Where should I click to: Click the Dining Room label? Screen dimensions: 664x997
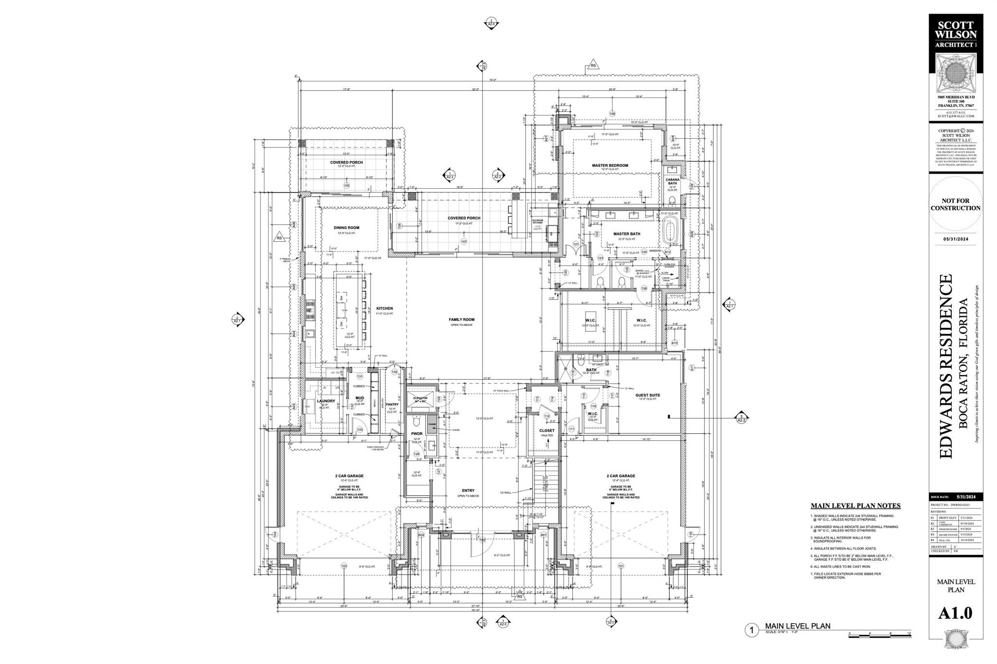(346, 228)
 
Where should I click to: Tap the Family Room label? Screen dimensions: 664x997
(462, 320)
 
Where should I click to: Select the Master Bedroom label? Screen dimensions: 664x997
(609, 165)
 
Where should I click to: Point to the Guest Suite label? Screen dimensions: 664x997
(647, 395)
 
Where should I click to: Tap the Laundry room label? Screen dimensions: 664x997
(326, 401)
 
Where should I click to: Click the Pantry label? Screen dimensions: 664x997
(392, 404)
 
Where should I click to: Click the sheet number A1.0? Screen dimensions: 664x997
(955, 613)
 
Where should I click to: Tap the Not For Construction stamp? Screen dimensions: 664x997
(955, 204)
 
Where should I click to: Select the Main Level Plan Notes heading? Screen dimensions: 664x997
(855, 506)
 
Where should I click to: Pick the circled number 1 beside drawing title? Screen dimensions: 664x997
(752, 631)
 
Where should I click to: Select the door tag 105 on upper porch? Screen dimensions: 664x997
(347, 185)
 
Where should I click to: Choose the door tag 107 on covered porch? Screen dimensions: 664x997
(464, 241)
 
